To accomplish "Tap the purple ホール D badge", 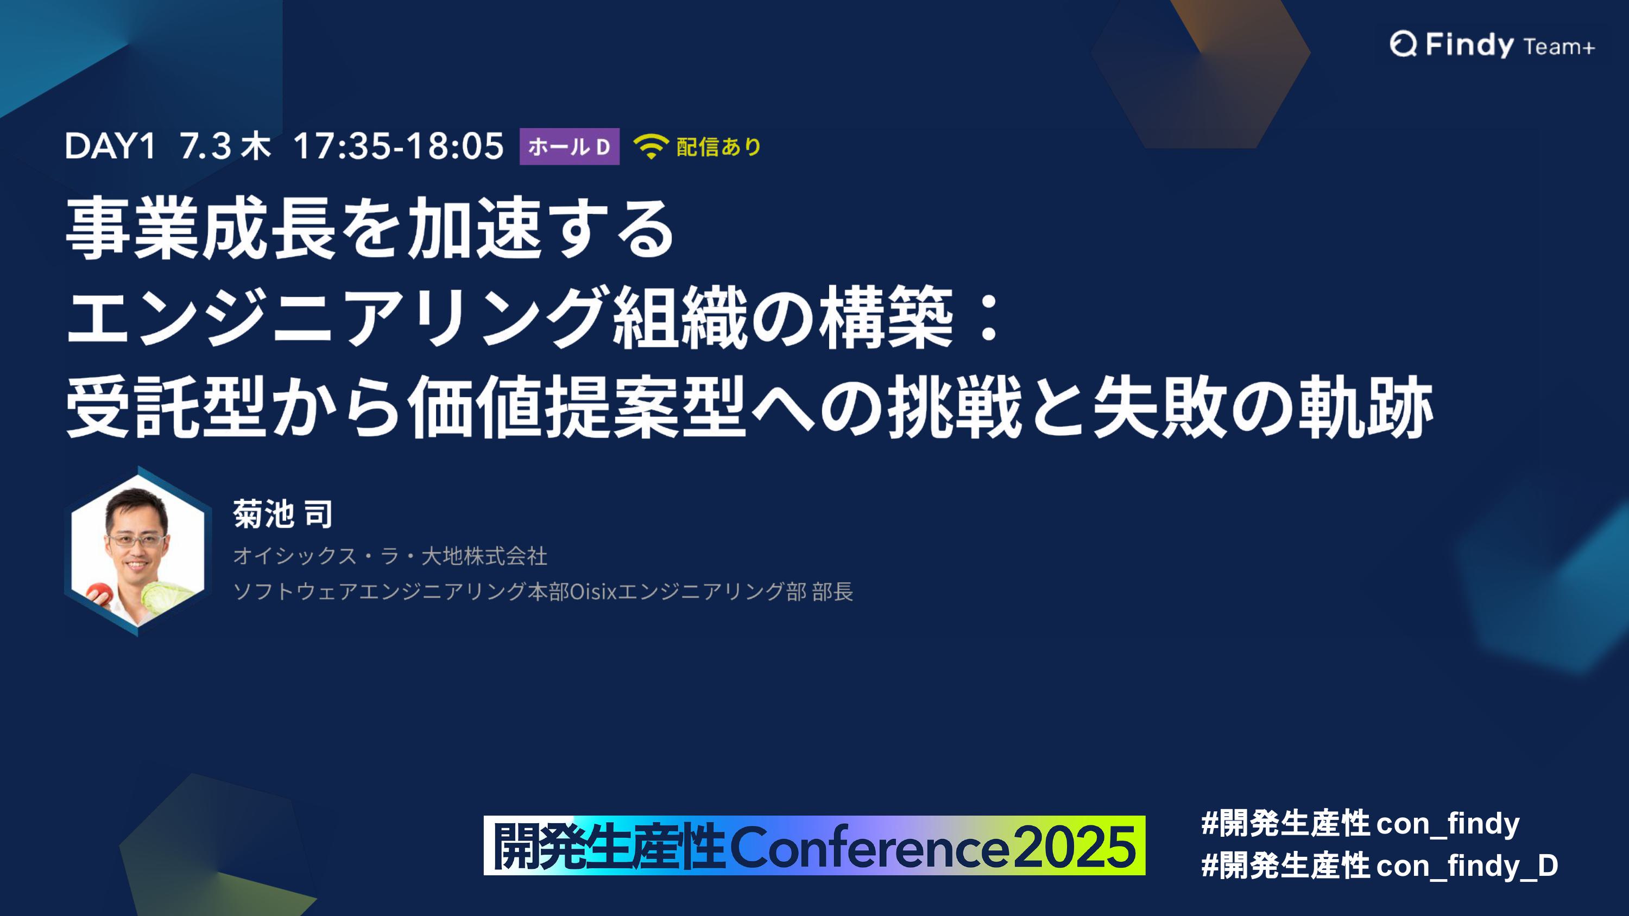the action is tap(569, 147).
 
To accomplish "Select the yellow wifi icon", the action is tap(651, 147).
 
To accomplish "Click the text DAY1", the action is tap(110, 146).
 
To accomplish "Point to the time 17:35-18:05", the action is tap(399, 146).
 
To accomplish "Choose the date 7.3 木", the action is tap(225, 146).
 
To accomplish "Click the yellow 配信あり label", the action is tap(718, 147).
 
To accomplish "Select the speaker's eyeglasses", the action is tap(137, 540).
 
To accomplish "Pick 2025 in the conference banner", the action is tap(1075, 847).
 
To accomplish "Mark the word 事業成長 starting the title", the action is tap(200, 227).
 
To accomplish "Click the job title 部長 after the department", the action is tap(833, 591).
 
